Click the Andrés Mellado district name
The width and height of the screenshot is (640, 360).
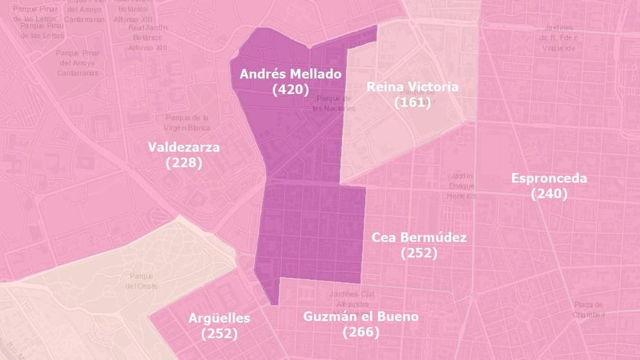(x=290, y=73)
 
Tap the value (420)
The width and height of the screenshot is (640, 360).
(x=290, y=89)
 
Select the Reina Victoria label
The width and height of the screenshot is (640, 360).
(x=412, y=87)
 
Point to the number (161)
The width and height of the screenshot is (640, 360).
(x=412, y=103)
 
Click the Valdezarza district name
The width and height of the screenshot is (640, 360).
(x=183, y=147)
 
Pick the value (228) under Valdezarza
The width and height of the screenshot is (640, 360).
(x=183, y=163)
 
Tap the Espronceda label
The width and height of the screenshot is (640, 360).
(x=549, y=178)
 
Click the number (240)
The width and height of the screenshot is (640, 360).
(x=549, y=194)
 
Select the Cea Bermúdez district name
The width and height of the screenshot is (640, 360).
(x=419, y=237)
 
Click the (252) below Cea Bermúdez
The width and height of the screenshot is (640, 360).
(x=419, y=253)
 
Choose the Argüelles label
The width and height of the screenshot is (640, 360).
(x=219, y=318)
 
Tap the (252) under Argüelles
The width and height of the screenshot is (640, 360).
(x=219, y=334)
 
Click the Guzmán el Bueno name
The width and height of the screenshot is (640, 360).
(x=361, y=316)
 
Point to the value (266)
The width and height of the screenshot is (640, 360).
(x=361, y=332)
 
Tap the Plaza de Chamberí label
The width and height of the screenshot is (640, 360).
(x=589, y=309)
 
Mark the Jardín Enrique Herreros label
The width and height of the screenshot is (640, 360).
(x=461, y=185)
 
